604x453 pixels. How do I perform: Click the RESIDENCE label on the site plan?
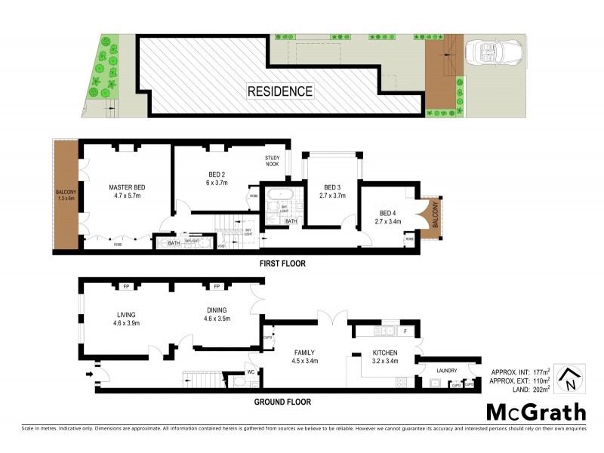coord(279,91)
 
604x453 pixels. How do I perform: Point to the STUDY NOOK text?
coord(273,161)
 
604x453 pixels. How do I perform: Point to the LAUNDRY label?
coord(445,370)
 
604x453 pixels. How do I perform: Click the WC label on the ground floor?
coord(251,371)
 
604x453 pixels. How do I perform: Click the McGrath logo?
coord(535,412)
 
